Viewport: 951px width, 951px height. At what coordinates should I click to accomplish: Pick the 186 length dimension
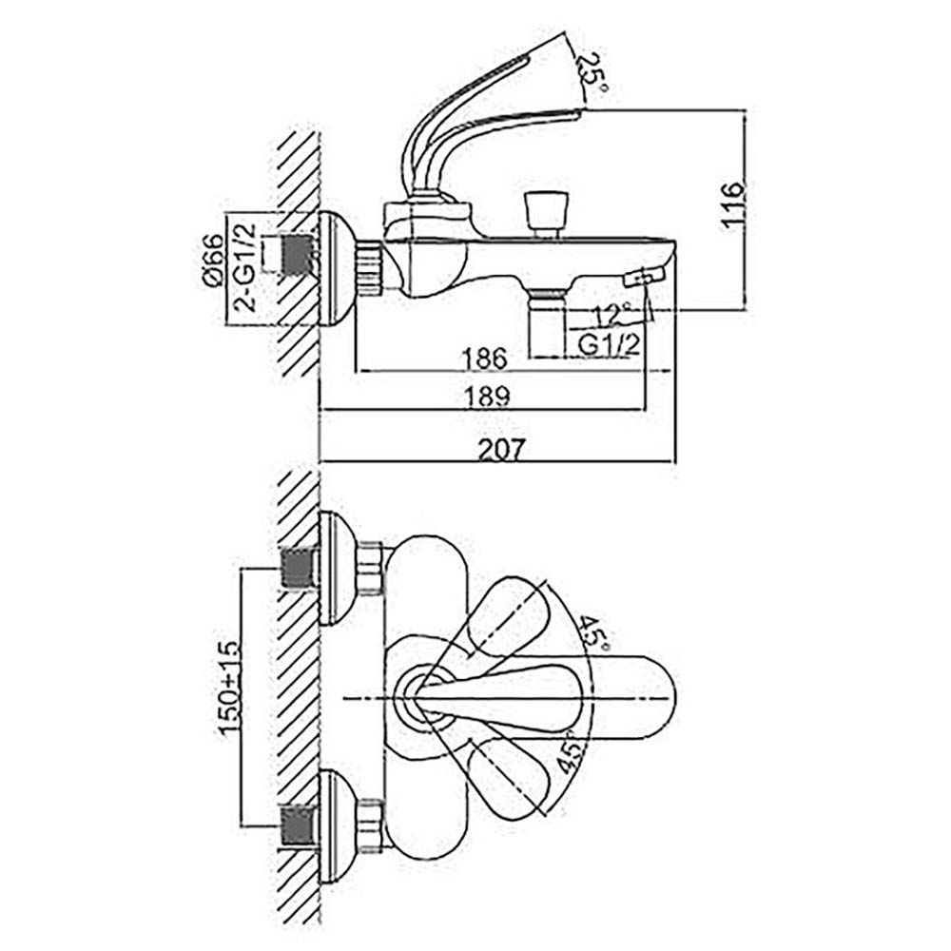[x=486, y=359]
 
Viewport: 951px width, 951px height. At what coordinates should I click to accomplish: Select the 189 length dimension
[x=486, y=398]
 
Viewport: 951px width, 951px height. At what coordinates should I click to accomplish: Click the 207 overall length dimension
[x=499, y=450]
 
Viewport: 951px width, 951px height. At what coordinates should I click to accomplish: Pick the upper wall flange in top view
[x=338, y=569]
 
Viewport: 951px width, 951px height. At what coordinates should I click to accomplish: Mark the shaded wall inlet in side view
[x=299, y=256]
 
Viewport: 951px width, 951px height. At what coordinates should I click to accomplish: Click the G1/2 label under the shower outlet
[x=606, y=345]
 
